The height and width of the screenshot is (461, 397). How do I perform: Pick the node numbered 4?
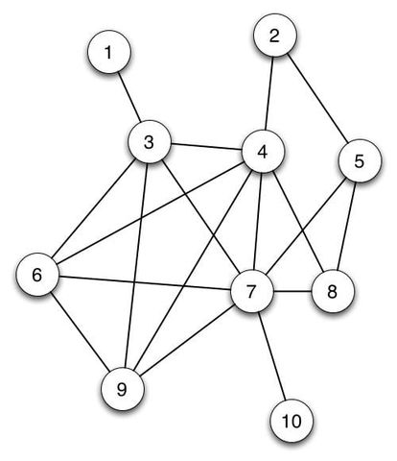pos(264,152)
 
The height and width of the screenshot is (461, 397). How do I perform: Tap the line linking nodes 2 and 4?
pos(269,95)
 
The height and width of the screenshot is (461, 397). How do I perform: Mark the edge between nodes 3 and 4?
pos(207,148)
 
